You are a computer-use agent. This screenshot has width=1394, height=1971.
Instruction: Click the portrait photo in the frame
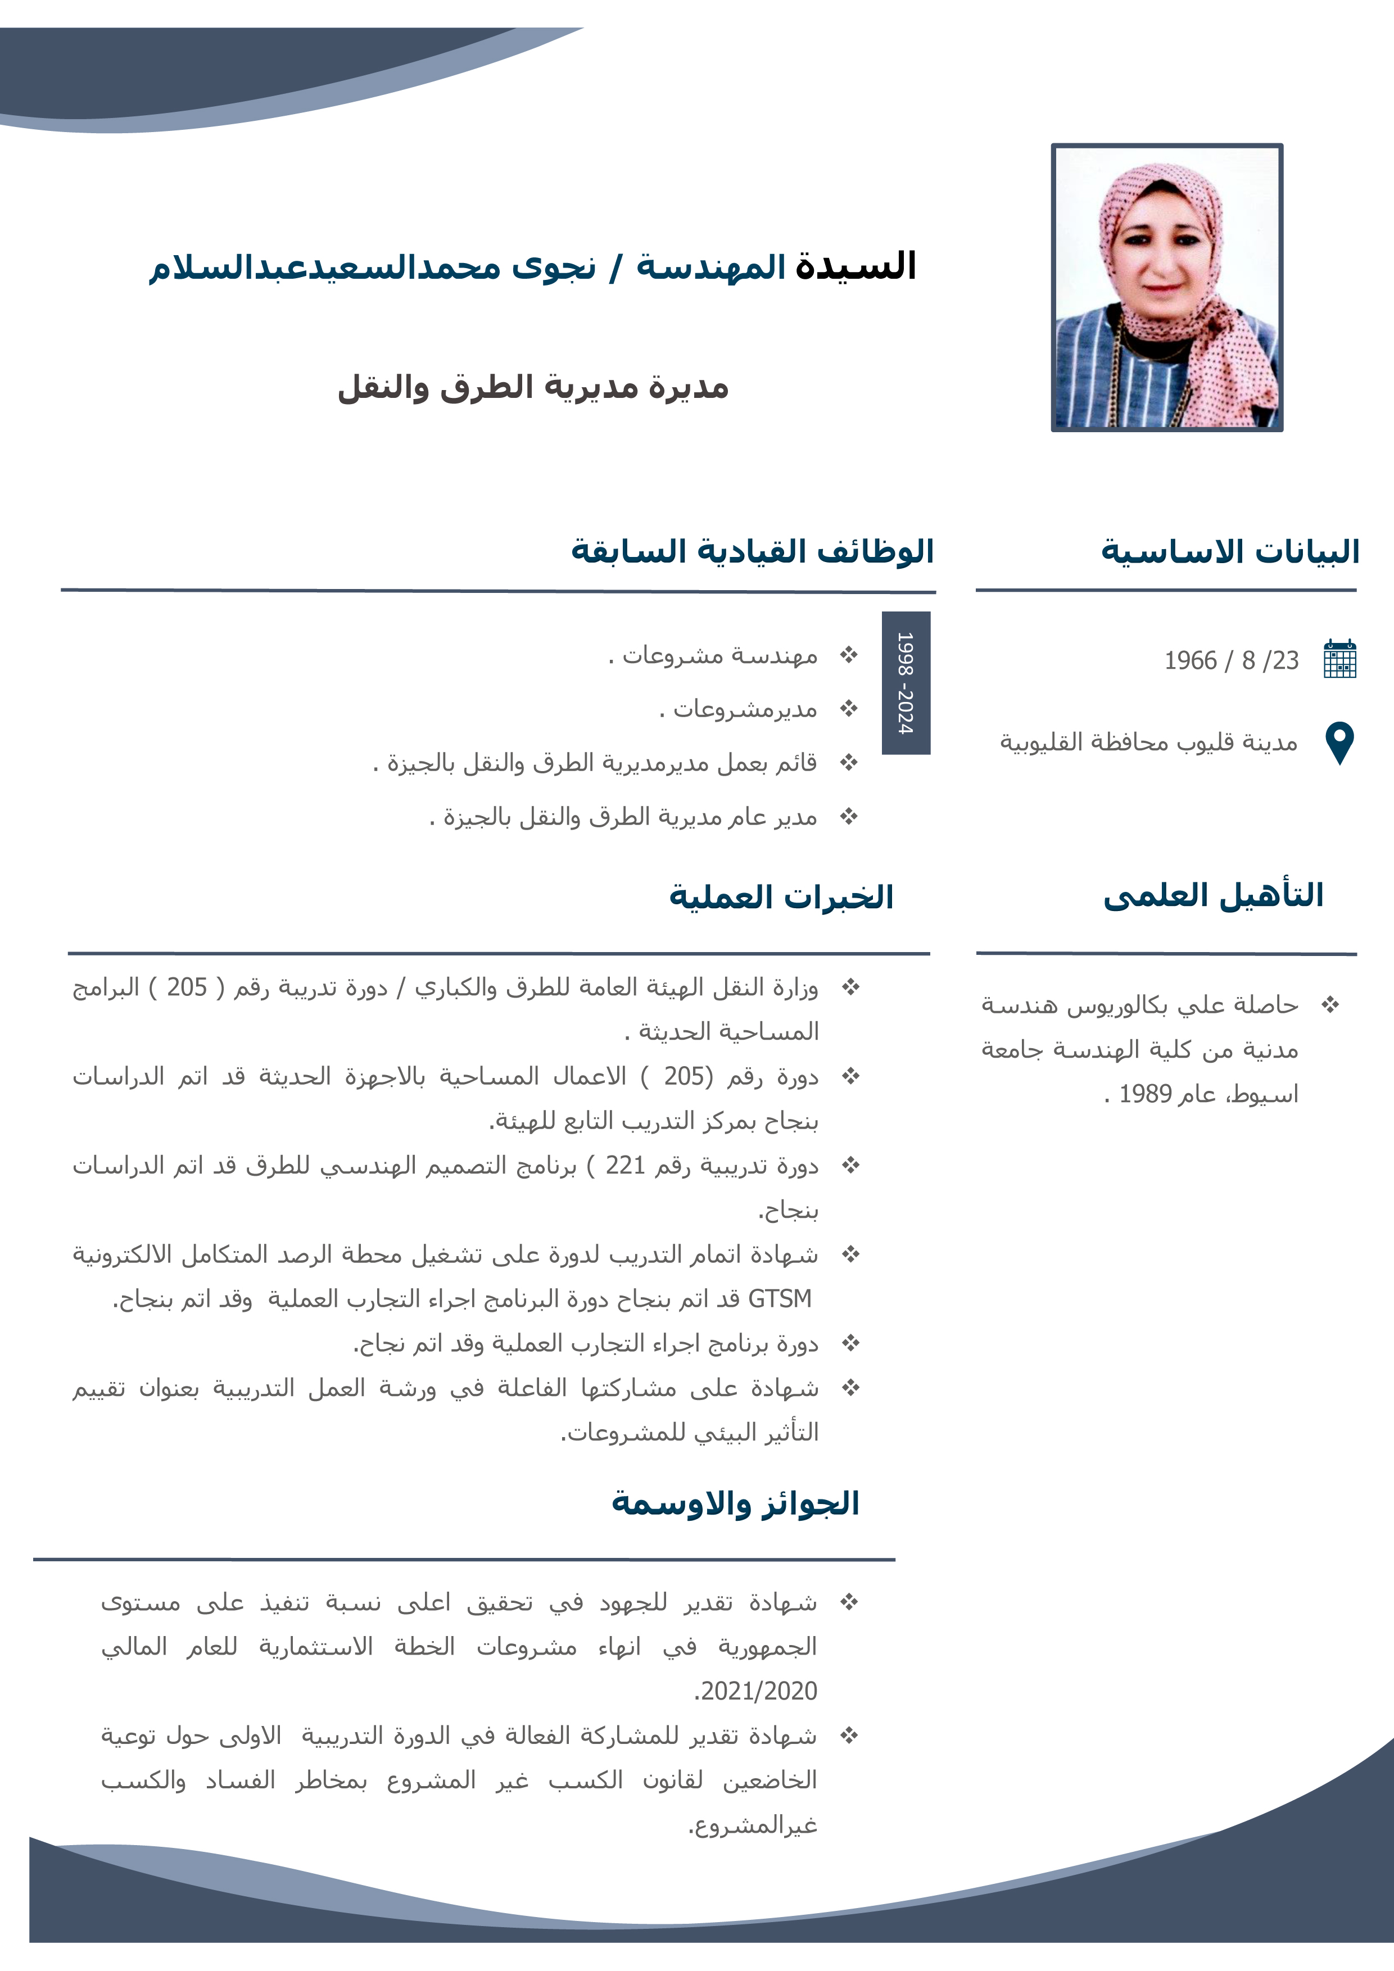1166,288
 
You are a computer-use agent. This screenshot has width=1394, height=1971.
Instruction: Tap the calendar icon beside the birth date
1340,659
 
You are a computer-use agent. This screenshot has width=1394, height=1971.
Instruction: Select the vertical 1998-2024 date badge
906,683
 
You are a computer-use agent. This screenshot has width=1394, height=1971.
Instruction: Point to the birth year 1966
1190,660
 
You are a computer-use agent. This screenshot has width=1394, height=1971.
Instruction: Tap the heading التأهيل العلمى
1213,895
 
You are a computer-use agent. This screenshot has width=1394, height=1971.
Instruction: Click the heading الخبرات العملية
781,897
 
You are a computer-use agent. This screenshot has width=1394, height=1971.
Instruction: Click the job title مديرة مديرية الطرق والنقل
533,387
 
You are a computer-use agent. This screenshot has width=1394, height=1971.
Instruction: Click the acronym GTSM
780,1299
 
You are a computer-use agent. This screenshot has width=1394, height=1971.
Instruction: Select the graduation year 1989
1145,1094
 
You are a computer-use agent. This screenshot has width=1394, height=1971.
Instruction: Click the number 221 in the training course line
625,1165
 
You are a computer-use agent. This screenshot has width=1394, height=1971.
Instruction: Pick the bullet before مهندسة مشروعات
849,655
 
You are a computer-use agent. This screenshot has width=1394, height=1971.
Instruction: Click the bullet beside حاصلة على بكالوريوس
1329,1004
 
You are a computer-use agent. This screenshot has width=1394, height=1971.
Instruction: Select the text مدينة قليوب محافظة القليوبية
1148,742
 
